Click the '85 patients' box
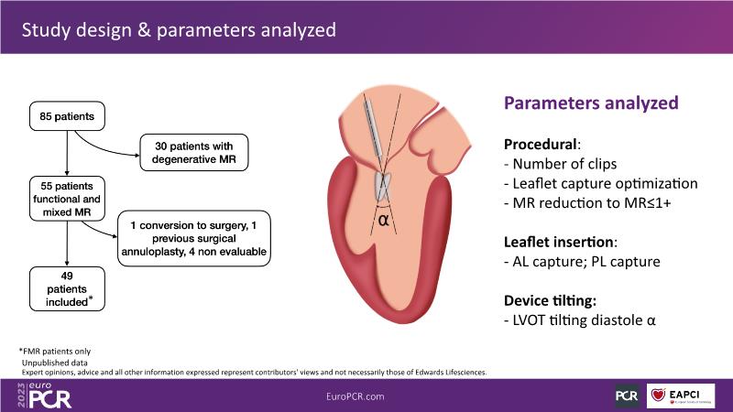coord(67,116)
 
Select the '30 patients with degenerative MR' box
coord(194,153)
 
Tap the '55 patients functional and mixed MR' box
coord(67,199)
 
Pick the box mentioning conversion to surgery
coord(194,238)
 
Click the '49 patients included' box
coord(67,288)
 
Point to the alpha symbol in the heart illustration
coord(383,220)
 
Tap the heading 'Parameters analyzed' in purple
coord(591,103)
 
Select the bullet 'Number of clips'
coord(560,164)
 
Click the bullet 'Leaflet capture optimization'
coord(601,184)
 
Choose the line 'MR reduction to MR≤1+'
coord(587,203)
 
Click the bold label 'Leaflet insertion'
coord(559,242)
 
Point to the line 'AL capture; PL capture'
coord(582,262)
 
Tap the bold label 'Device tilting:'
coord(551,300)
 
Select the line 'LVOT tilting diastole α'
coord(580,320)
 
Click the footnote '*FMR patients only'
coord(55,352)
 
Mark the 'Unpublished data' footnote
coord(55,363)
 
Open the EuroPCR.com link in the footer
coord(356,396)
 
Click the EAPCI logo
coord(681,396)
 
